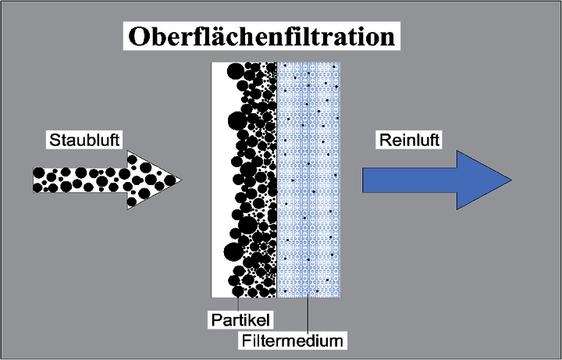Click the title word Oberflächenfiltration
[261, 37]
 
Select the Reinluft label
[408, 141]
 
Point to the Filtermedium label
[293, 340]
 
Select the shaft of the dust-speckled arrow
[78, 180]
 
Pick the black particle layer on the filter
[254, 180]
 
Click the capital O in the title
[137, 37]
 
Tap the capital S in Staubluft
[52, 141]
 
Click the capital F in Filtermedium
[245, 340]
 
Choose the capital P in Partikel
[213, 320]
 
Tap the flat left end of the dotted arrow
[34, 180]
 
